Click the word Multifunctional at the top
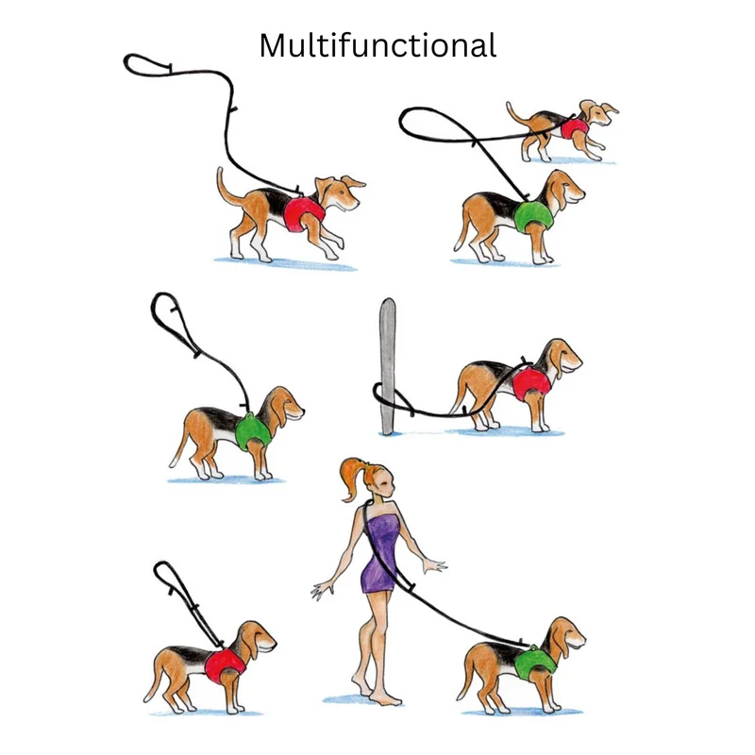[x=377, y=45]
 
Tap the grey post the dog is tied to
[x=388, y=366]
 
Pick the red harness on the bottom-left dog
[x=226, y=665]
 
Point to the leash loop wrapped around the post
[x=393, y=398]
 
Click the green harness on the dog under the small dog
[x=533, y=217]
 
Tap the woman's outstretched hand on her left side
[x=323, y=590]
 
